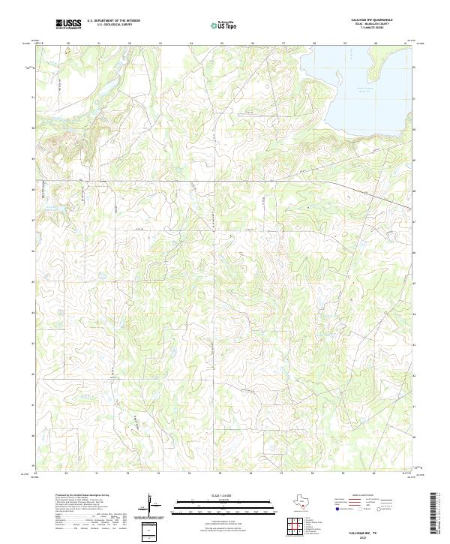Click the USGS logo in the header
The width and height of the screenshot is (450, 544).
69,24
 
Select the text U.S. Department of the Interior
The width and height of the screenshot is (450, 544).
113,20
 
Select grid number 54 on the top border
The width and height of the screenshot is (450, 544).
191,44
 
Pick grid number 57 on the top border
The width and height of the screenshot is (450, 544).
283,44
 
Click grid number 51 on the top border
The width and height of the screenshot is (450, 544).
99,44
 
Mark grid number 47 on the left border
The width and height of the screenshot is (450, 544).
33,221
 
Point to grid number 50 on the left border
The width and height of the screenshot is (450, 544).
33,128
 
